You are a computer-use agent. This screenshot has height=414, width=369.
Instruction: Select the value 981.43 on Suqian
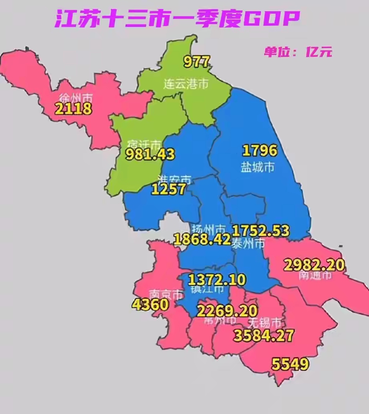150,155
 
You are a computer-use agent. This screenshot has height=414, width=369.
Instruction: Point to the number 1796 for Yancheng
260,151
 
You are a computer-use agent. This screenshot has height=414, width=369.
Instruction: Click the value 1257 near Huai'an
168,189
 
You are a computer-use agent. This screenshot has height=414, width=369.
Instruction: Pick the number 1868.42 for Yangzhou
202,239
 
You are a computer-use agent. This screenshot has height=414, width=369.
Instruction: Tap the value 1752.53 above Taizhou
261,231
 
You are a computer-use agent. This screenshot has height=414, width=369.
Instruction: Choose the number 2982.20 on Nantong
314,265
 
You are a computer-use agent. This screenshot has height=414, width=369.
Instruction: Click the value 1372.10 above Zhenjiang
217,279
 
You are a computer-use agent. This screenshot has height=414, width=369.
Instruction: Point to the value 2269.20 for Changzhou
227,310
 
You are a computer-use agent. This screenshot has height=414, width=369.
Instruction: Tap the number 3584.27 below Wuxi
263,335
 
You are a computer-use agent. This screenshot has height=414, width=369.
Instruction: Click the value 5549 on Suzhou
290,364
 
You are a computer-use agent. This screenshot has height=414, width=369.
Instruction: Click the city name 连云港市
186,84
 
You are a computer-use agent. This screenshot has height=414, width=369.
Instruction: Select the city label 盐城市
258,167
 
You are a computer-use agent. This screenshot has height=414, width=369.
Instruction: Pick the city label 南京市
166,295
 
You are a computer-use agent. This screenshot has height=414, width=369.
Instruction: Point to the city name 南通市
315,275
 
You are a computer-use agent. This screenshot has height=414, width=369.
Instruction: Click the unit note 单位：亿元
298,52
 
